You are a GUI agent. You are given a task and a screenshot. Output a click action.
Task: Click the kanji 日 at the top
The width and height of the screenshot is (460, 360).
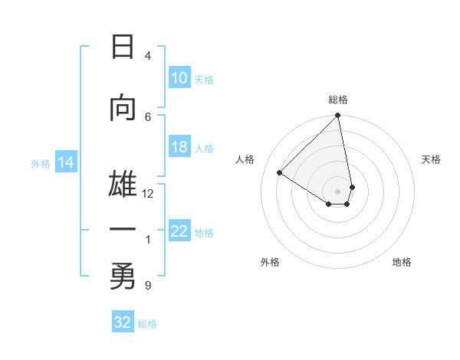click(x=123, y=47)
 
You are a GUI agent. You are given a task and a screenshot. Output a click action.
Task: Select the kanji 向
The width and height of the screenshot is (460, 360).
click(x=123, y=109)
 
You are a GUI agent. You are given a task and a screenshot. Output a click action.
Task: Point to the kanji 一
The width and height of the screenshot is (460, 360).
click(x=123, y=231)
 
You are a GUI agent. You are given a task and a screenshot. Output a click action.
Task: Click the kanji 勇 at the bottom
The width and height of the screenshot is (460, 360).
click(x=123, y=277)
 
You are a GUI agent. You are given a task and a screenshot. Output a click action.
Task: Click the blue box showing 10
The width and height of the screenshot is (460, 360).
click(x=179, y=78)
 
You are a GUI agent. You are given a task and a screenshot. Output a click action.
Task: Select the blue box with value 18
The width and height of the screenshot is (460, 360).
click(x=179, y=147)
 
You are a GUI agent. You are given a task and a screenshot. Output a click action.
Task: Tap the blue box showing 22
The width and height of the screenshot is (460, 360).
click(x=179, y=231)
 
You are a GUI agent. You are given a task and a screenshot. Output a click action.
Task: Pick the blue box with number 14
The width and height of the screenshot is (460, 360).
click(x=66, y=162)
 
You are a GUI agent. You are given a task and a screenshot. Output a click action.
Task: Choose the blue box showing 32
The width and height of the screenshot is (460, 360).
click(x=123, y=322)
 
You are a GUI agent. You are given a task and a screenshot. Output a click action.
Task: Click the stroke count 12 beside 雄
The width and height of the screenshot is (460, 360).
click(x=148, y=194)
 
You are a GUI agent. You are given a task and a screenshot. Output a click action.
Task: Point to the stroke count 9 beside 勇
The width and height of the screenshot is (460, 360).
click(x=148, y=286)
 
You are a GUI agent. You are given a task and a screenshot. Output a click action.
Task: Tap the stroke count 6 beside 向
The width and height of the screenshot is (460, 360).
click(x=148, y=116)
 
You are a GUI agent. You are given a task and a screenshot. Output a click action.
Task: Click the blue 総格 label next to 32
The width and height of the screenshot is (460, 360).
click(x=147, y=324)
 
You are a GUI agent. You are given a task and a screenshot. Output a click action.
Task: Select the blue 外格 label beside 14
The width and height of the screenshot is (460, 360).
click(x=41, y=163)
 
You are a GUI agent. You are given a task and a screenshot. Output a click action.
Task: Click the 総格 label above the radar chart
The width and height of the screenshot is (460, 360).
click(x=338, y=100)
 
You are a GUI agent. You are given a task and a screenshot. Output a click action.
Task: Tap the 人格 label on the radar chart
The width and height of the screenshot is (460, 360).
click(x=245, y=159)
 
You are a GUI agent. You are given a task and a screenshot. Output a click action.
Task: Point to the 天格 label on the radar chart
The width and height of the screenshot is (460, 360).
click(x=431, y=159)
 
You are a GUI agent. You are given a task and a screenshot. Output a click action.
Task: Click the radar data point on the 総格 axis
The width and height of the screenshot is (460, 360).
click(x=338, y=116)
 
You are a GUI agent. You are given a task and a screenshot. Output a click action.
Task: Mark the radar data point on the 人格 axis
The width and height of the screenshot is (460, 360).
click(x=280, y=173)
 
